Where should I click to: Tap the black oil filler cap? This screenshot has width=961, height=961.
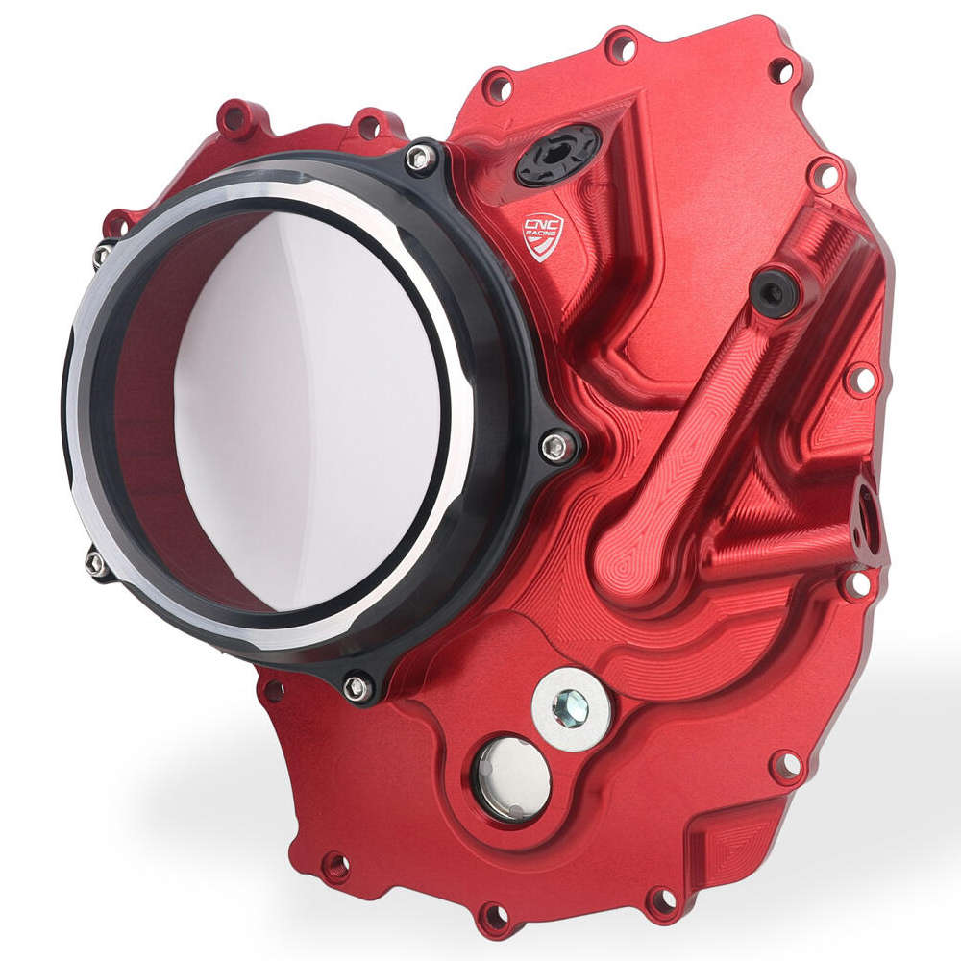(x=558, y=155)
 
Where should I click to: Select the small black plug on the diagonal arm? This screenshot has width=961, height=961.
(x=774, y=291)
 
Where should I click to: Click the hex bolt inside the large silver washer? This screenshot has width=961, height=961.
(x=571, y=708)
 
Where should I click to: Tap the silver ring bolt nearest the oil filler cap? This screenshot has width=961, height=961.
(x=420, y=159)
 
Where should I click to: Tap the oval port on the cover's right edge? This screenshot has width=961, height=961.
(x=868, y=520)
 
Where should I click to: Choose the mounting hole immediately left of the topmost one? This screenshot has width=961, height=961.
(x=498, y=87)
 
